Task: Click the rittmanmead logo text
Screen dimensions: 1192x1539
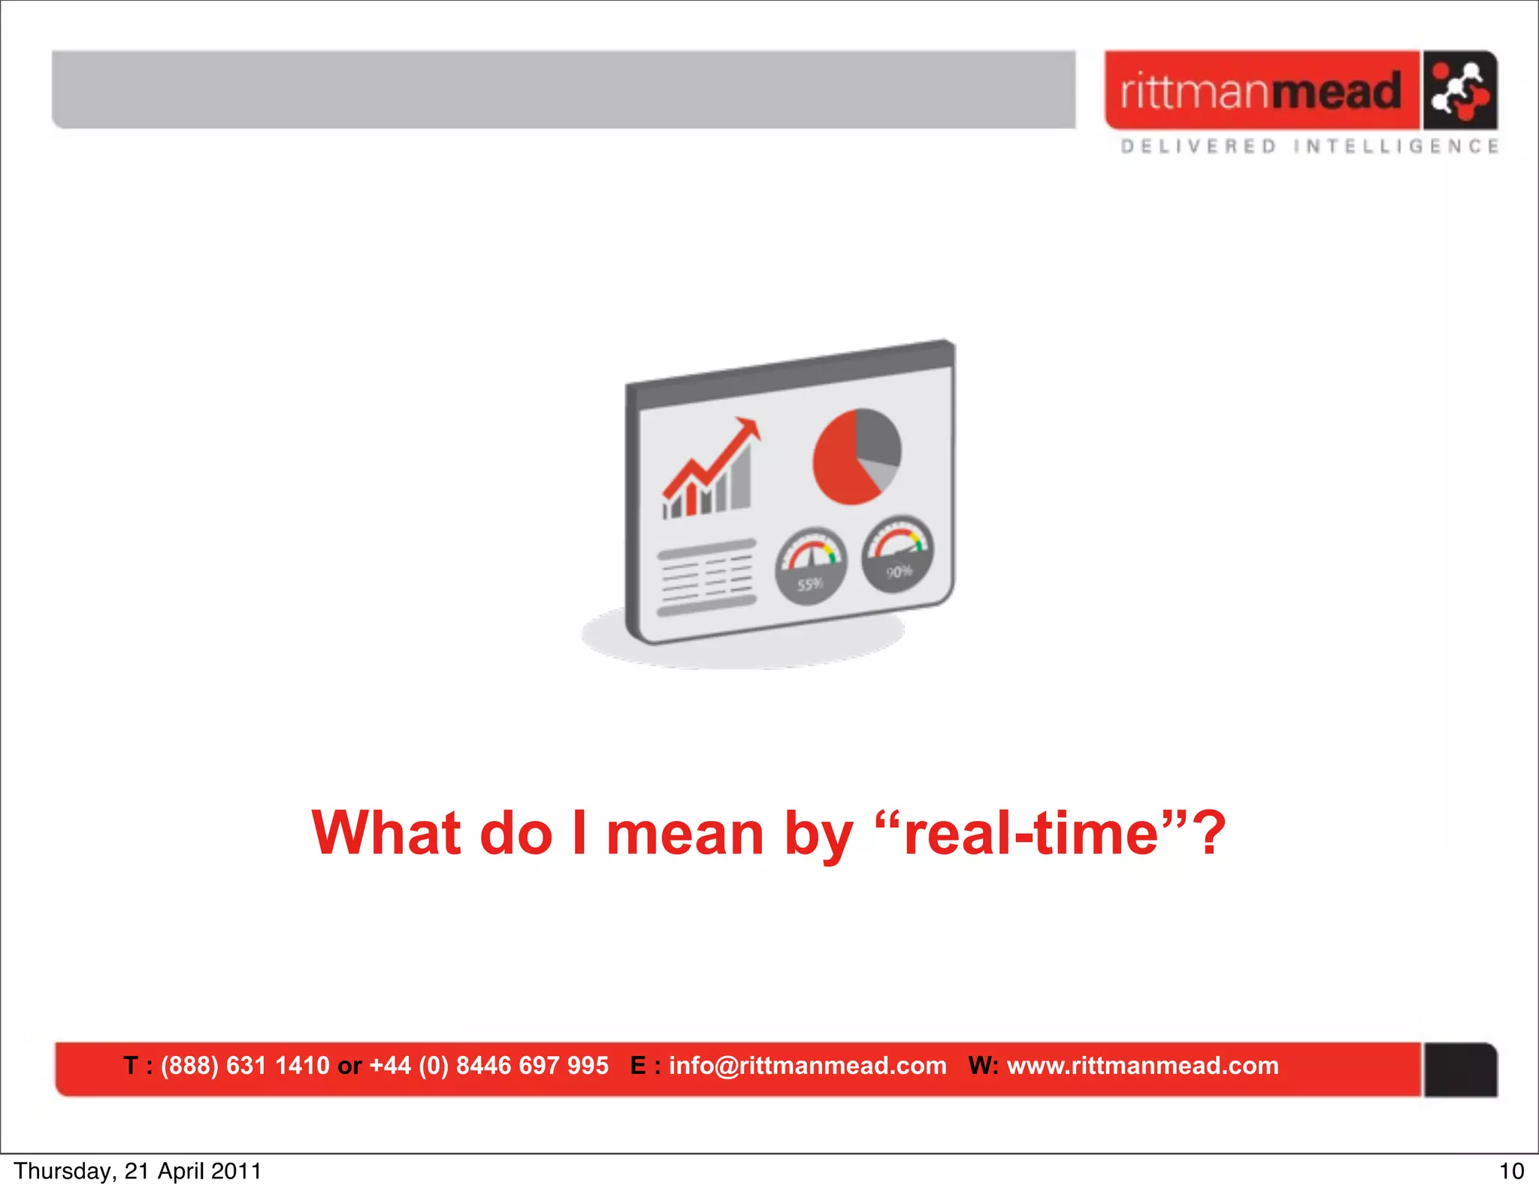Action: [1260, 91]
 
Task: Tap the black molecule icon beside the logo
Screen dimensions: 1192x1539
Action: [1459, 91]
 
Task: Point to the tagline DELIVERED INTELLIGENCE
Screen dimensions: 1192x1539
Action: [1309, 146]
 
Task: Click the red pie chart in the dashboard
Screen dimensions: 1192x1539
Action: [855, 457]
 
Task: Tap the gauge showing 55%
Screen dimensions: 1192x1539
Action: [811, 566]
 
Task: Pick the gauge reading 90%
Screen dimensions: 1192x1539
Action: [898, 554]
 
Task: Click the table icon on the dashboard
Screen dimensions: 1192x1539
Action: [706, 577]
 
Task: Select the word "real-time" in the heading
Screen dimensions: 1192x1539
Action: [1031, 834]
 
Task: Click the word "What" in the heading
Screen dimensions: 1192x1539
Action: [386, 834]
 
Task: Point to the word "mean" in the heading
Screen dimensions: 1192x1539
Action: [685, 834]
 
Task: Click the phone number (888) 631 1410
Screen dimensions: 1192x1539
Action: [245, 1066]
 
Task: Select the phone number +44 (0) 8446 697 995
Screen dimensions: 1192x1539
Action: [488, 1066]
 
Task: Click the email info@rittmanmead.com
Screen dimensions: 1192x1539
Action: [807, 1066]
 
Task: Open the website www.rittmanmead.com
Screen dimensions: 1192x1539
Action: [1142, 1066]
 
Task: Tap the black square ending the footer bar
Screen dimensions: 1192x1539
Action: [1459, 1070]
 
